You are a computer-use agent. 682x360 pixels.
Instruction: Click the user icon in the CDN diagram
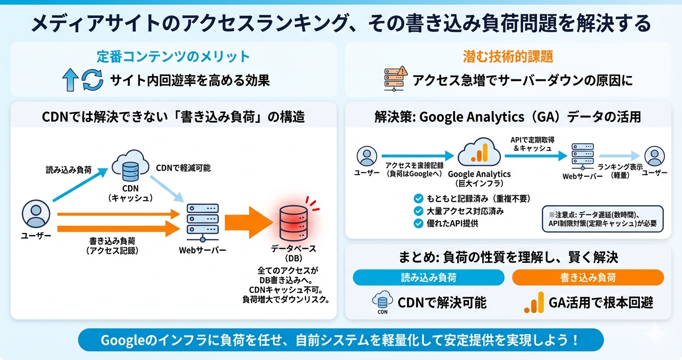click(x=35, y=215)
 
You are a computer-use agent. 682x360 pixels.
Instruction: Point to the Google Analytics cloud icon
click(x=479, y=152)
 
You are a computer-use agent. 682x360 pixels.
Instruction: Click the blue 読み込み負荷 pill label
click(x=429, y=278)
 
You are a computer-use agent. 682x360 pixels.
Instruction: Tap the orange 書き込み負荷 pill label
click(x=588, y=278)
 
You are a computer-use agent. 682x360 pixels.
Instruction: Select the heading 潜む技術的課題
click(x=508, y=56)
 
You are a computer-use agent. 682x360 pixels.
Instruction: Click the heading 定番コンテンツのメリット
click(x=173, y=56)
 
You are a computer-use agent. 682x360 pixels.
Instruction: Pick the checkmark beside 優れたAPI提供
click(x=418, y=223)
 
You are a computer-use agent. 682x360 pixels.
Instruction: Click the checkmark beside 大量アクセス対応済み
click(x=418, y=211)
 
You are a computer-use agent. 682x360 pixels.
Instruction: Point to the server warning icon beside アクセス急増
click(x=395, y=79)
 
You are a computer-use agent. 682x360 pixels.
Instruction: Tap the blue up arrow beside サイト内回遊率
click(x=70, y=80)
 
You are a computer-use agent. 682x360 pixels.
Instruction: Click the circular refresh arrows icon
click(x=92, y=80)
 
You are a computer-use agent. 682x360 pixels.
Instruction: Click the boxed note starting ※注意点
click(x=602, y=219)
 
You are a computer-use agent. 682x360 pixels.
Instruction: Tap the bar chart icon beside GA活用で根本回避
click(x=534, y=302)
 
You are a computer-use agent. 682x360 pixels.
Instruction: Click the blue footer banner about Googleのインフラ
click(x=341, y=340)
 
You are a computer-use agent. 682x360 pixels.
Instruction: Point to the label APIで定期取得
click(x=532, y=143)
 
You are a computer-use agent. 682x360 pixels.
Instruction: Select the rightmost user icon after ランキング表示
click(x=654, y=156)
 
